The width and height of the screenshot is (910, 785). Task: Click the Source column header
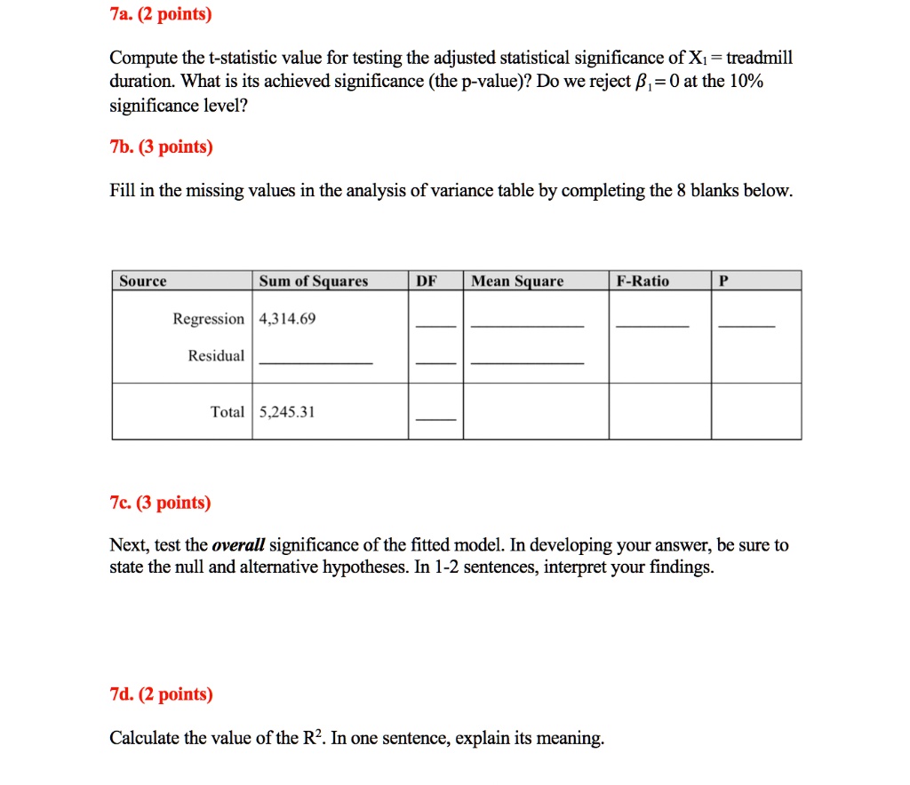pos(143,281)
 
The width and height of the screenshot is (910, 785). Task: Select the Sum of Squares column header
pos(313,281)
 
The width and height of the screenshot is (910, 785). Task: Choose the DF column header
pos(427,281)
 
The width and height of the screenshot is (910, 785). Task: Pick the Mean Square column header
pos(517,281)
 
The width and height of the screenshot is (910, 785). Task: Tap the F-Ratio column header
pos(643,281)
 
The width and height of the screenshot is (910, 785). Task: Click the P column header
pos(723,281)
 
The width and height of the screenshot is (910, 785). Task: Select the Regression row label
pos(208,319)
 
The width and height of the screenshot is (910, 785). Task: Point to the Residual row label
pos(216,356)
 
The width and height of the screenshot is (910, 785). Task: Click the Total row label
pos(227,412)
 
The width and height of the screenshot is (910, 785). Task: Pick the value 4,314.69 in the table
pos(287,319)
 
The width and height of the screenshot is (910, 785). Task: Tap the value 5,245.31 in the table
pos(287,412)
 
